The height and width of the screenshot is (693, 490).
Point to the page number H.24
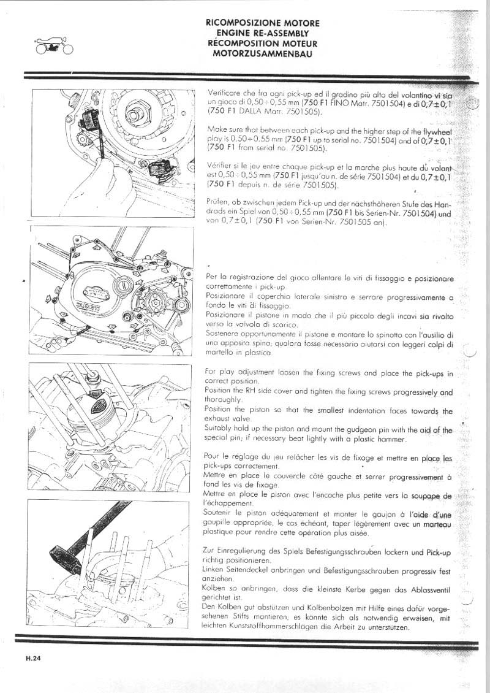(33, 660)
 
